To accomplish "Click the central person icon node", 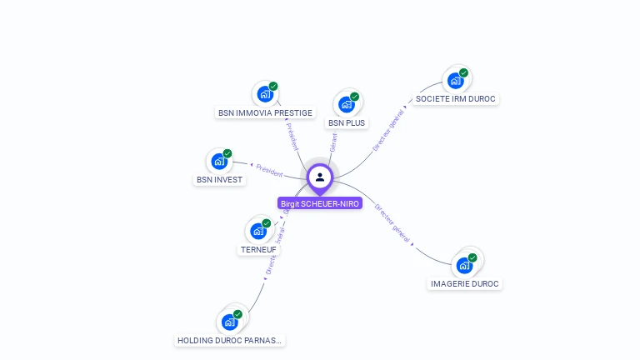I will pyautogui.click(x=320, y=177).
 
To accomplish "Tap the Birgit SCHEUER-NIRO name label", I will pyautogui.click(x=320, y=203).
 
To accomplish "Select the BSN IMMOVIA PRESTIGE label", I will pyautogui.click(x=265, y=112).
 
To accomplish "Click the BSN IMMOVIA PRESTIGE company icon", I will pyautogui.click(x=265, y=93).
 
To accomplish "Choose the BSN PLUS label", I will pyautogui.click(x=347, y=122).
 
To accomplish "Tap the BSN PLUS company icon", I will pyautogui.click(x=347, y=104).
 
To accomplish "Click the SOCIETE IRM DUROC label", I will pyautogui.click(x=455, y=98).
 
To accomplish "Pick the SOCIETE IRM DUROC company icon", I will pyautogui.click(x=455, y=80).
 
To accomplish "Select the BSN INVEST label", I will pyautogui.click(x=219, y=179).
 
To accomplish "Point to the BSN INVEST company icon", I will pyautogui.click(x=219, y=161).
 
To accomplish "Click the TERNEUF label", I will pyautogui.click(x=258, y=249).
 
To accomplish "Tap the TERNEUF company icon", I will pyautogui.click(x=258, y=231).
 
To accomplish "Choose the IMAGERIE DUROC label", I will pyautogui.click(x=464, y=283).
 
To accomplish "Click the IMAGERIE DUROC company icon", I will pyautogui.click(x=464, y=265).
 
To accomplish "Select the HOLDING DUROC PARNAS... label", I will pyautogui.click(x=230, y=340).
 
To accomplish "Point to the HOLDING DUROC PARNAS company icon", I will pyautogui.click(x=230, y=322).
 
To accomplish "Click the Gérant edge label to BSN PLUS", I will pyautogui.click(x=333, y=142).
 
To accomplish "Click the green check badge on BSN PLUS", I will pyautogui.click(x=354, y=97).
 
